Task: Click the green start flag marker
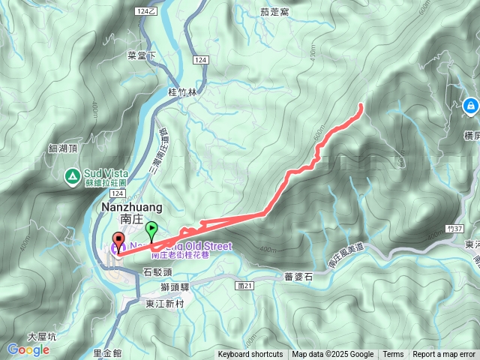pos(152,229)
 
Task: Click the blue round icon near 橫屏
pos(470,106)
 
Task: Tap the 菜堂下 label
pos(141,55)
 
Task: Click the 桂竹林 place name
pos(182,93)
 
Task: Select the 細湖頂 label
pos(62,148)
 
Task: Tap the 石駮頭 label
pos(157,272)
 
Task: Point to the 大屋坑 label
pos(41,337)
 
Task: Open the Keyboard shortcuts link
pos(250,355)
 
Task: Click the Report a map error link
pos(444,355)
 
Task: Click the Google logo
pos(28,349)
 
